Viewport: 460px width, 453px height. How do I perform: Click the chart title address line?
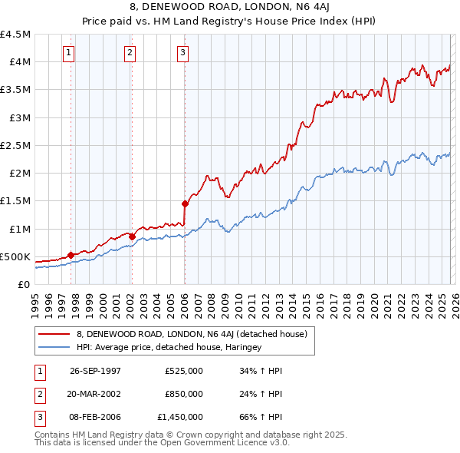(230, 7)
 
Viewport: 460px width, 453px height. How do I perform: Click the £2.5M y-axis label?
(16, 145)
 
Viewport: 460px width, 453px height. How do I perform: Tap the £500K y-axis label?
(16, 256)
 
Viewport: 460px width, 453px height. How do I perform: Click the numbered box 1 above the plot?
(70, 53)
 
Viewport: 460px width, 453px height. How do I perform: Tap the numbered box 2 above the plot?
(130, 53)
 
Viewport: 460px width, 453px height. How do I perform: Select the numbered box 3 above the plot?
(183, 53)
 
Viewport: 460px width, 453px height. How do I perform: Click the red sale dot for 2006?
(185, 203)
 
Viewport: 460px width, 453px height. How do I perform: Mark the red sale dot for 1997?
(71, 255)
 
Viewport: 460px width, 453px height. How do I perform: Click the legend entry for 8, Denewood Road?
(191, 334)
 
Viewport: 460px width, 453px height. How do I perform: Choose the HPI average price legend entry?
(169, 347)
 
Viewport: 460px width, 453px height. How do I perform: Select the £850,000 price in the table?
(184, 394)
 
